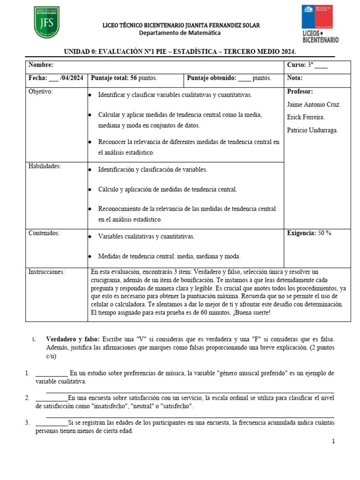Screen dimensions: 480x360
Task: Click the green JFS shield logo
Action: (46, 22)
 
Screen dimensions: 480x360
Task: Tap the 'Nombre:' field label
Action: (41, 65)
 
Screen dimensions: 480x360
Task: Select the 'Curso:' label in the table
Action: (296, 65)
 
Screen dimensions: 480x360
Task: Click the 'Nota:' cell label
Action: (294, 78)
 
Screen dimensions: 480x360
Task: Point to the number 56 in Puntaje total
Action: (134, 78)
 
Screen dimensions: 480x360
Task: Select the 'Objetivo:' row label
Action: (41, 91)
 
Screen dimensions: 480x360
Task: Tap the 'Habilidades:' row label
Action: (45, 166)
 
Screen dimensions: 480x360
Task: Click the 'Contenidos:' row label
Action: (44, 233)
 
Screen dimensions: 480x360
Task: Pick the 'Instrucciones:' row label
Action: (46, 271)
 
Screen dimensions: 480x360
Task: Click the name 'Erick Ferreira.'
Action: (306, 117)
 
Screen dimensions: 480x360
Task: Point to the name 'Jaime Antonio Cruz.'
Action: (314, 105)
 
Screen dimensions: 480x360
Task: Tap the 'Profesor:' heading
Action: (300, 91)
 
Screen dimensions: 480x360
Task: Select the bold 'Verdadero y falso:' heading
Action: (72, 339)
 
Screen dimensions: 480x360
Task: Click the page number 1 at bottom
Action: (333, 441)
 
